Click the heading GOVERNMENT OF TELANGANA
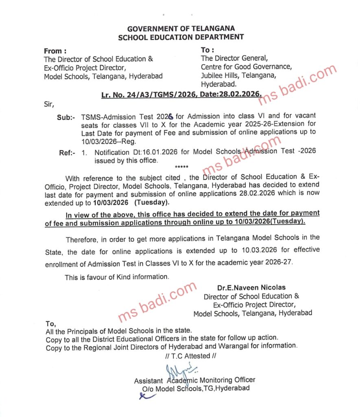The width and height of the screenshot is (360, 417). click(181, 29)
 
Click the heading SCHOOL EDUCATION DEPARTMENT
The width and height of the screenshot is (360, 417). click(181, 37)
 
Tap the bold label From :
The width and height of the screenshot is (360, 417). click(55, 51)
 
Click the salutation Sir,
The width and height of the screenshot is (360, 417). click(48, 104)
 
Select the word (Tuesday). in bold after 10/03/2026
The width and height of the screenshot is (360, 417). click(152, 202)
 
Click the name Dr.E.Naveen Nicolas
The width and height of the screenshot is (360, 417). click(251, 288)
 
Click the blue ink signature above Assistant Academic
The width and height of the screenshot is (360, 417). click(179, 372)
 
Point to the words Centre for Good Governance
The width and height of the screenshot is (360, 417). click(246, 67)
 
